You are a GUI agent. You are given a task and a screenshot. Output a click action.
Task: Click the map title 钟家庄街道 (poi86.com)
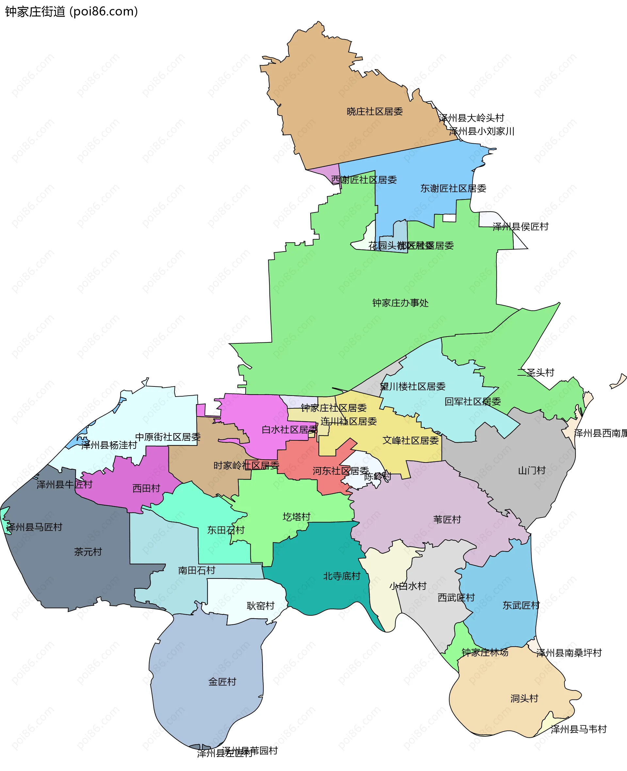[72, 11]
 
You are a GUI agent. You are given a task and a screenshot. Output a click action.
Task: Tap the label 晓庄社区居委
[375, 112]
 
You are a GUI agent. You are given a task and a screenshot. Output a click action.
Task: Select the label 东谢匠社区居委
[453, 188]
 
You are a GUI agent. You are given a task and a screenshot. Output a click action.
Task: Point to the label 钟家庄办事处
[400, 303]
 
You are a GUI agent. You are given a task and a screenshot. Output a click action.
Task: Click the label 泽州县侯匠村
[521, 227]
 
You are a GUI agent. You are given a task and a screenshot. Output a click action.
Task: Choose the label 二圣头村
[536, 372]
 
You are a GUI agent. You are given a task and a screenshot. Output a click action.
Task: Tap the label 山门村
[532, 471]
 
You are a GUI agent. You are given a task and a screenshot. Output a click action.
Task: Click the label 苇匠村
[447, 519]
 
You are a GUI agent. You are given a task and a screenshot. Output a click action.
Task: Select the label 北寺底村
[342, 576]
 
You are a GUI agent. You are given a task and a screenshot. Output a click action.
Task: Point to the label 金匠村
[222, 682]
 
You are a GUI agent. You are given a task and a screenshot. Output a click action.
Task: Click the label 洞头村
[524, 699]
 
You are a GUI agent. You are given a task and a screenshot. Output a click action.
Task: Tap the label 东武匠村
[521, 605]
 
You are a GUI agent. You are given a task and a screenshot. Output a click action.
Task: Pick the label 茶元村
[88, 552]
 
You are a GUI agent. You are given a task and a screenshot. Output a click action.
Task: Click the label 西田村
[146, 488]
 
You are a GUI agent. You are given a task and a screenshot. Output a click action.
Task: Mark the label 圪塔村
[297, 517]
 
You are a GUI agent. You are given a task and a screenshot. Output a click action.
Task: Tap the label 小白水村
[408, 586]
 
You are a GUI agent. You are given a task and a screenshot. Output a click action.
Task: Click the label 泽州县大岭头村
[471, 118]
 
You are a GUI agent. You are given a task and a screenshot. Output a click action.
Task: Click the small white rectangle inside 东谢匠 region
[449, 218]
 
